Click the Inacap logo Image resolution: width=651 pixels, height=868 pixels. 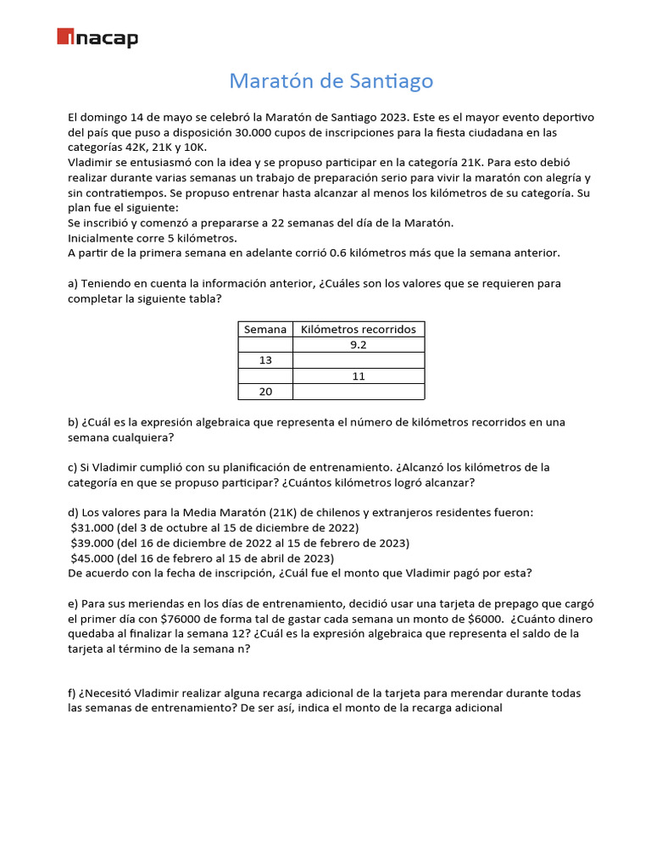click(x=97, y=37)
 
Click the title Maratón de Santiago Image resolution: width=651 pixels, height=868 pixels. click(x=331, y=81)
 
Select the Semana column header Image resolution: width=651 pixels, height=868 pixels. click(x=264, y=329)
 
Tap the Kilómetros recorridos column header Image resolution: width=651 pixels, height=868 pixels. click(x=359, y=329)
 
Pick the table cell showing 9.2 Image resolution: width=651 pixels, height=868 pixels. click(x=359, y=345)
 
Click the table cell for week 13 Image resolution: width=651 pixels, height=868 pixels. click(x=264, y=360)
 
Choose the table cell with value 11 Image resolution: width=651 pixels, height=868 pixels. click(x=359, y=376)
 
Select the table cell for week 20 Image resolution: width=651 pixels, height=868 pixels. click(x=264, y=391)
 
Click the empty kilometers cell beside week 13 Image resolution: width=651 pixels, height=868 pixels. click(x=359, y=360)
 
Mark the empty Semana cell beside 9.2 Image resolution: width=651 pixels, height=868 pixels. click(x=264, y=345)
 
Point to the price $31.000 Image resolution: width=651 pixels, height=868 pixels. click(x=92, y=527)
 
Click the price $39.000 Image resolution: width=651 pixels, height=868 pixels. click(x=92, y=542)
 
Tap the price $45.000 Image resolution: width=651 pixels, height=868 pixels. click(x=92, y=558)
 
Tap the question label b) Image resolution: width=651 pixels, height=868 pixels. click(x=73, y=422)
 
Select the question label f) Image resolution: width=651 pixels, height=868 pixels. click(x=72, y=693)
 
